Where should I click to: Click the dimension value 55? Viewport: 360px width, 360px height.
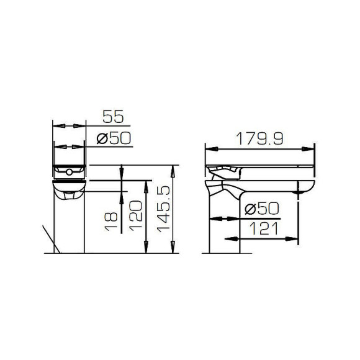[x=114, y=116]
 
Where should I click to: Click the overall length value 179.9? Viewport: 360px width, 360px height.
[x=259, y=139]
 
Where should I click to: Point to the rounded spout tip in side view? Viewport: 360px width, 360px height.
[x=306, y=188]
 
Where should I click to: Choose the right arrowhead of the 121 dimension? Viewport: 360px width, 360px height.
[x=296, y=238]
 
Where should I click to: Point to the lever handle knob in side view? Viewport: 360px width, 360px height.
[x=217, y=181]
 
